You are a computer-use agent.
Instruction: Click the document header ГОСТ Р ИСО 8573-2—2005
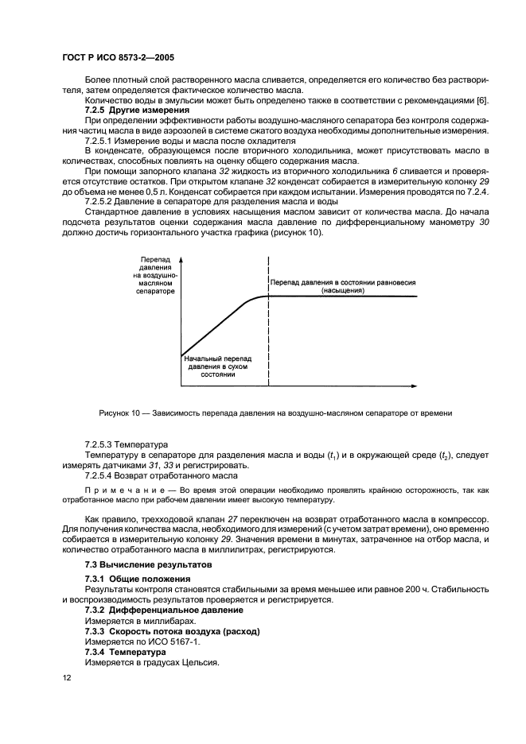click(x=119, y=58)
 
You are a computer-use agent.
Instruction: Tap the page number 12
click(x=65, y=676)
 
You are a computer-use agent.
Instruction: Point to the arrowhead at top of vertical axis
click(x=181, y=260)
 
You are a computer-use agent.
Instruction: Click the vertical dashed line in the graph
click(x=269, y=334)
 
